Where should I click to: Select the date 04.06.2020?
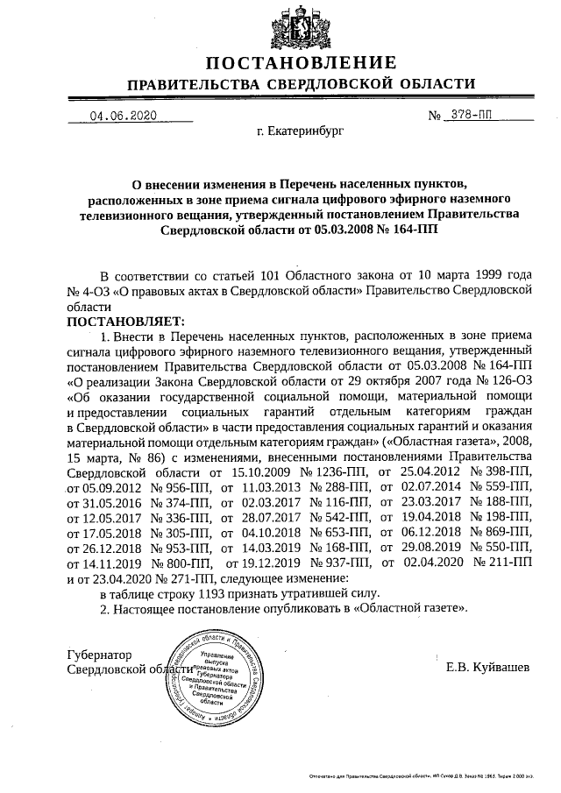pyautogui.click(x=124, y=117)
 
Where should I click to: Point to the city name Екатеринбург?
pyautogui.click(x=301, y=133)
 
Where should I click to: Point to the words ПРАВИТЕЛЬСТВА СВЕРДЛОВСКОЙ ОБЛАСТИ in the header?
pyautogui.click(x=302, y=85)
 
